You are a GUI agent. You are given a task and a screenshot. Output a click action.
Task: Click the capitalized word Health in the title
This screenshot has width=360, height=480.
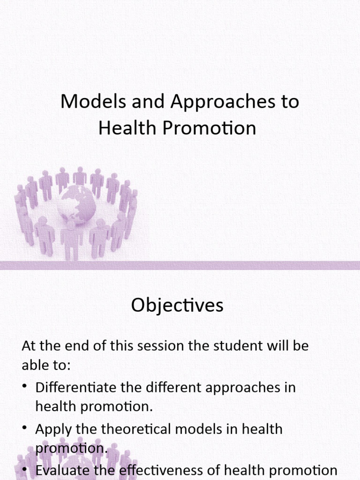coord(127,128)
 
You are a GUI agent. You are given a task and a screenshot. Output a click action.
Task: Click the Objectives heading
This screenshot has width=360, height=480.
coord(177,306)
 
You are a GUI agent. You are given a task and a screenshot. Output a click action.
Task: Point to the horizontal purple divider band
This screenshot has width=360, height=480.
coord(180,265)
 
